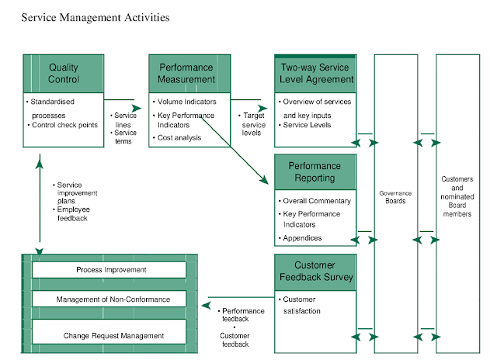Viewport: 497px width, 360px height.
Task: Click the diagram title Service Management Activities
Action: coord(94,16)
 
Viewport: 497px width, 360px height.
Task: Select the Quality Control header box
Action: coord(64,74)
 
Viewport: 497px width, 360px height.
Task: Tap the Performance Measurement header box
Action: coord(189,74)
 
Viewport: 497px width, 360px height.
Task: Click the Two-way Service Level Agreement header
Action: coord(315,74)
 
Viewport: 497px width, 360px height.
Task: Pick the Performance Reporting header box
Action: coord(315,171)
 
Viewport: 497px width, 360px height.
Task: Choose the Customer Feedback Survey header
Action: coord(315,272)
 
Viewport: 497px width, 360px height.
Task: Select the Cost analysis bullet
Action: coord(179,137)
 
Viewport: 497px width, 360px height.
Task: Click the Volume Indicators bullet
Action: coord(187,102)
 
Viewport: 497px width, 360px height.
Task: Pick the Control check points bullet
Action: coord(65,125)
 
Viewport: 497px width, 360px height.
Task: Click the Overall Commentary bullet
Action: coord(316,201)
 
